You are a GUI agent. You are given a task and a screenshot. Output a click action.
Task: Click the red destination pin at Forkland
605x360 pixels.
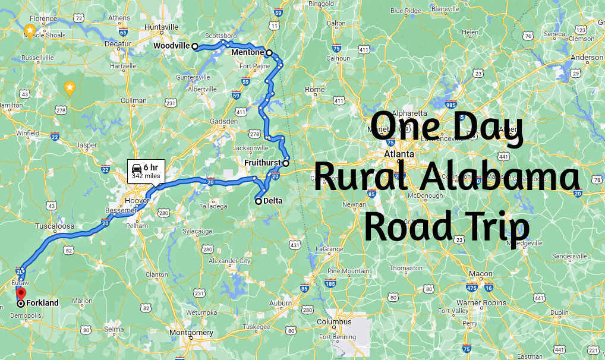coord(20,293)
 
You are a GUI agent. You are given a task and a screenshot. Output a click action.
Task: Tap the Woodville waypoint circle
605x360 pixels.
coord(195,46)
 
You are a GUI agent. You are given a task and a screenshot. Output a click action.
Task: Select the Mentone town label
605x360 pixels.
coord(247,52)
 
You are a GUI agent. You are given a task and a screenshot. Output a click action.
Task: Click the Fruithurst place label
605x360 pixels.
coord(262,163)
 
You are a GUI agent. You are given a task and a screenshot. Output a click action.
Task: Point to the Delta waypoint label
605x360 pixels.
coord(273,201)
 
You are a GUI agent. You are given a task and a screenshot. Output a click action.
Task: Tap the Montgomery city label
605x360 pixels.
coord(191,333)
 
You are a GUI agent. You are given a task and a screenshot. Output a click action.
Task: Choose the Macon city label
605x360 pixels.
coord(480,274)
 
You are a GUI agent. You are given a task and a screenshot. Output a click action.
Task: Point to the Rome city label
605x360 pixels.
coord(314,90)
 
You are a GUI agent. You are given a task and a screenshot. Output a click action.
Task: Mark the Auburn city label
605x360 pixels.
coord(281,303)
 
